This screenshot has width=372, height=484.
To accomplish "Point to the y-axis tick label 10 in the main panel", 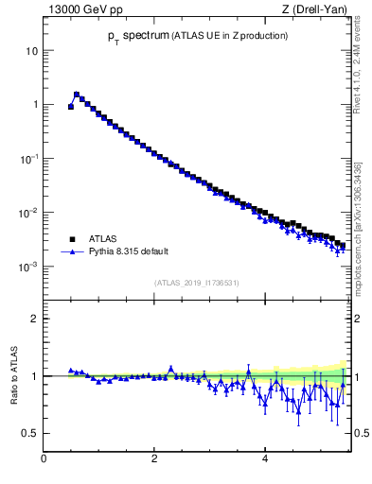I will coord(31,50).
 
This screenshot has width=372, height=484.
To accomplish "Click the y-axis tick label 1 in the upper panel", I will coord(34,104).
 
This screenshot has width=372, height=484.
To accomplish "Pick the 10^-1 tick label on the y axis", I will coord(28,158).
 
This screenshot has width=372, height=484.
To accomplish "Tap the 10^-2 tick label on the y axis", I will coord(28,213).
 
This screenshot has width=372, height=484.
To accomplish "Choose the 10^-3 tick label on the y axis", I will coord(28,267).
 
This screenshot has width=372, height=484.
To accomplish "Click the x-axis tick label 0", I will coord(44,459).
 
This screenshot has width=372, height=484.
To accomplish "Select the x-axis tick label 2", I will coord(154,459).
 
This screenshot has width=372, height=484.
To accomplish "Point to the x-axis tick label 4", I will coord(265,459).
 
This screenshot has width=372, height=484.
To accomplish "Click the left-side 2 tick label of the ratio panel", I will coord(34,319).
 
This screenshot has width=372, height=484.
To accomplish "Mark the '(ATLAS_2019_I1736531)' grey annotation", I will coord(197,282).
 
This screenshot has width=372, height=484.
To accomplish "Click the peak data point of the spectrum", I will coord(77,95).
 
